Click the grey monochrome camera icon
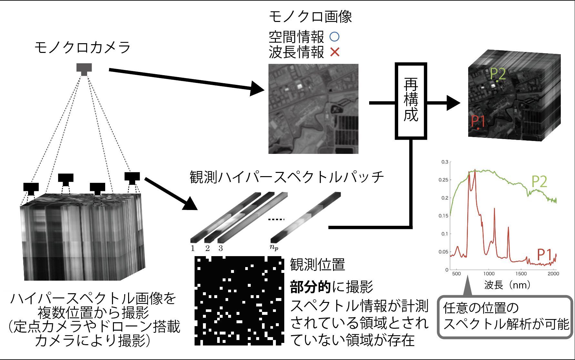pos(84,69)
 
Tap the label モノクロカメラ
pos(83,47)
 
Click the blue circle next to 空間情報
pos(335,37)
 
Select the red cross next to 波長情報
pos(335,52)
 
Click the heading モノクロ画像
pos(310,17)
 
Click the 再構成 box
pos(411,101)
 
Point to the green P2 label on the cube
pos(498,74)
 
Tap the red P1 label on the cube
pos(478,121)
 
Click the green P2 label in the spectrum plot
pos(539,182)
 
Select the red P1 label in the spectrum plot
pos(544,255)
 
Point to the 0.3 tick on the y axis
pos(445,162)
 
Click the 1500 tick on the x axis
pos(521,274)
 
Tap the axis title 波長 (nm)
pos(507,285)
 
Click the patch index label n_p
pos(274,247)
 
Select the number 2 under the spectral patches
pos(207,248)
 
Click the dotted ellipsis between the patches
pos(276,219)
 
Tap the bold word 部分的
pos(310,287)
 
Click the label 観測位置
pos(318,265)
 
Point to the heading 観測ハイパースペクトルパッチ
pos(287,177)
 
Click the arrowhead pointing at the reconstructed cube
pos(453,103)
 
